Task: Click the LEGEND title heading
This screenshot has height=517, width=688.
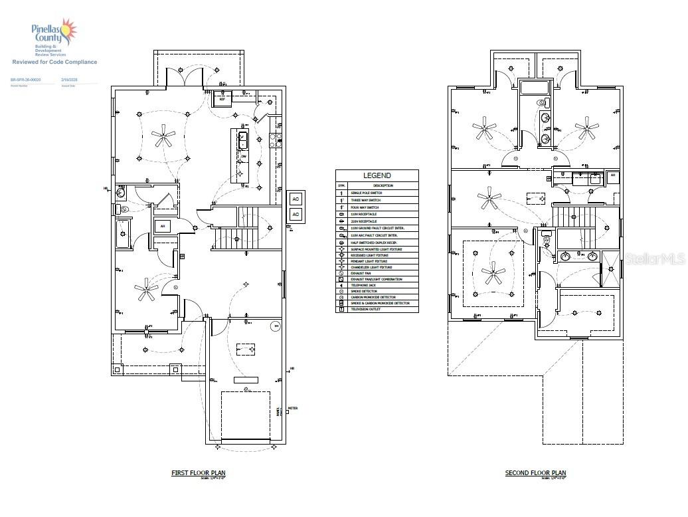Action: click(x=377, y=175)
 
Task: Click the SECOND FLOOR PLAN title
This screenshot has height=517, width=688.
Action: click(x=535, y=473)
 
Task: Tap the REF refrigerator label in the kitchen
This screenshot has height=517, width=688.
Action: click(x=222, y=99)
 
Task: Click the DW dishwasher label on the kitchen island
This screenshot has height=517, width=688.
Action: click(x=243, y=157)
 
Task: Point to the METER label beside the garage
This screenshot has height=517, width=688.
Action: click(x=294, y=409)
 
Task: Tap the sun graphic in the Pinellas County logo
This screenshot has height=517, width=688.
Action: click(x=68, y=30)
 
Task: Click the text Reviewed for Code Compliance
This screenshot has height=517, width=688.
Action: click(x=54, y=62)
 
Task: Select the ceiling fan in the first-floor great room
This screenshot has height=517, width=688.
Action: click(x=163, y=138)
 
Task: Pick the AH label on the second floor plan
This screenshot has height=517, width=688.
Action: click(x=613, y=176)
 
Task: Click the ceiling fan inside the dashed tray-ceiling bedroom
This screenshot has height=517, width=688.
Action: click(x=493, y=273)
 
